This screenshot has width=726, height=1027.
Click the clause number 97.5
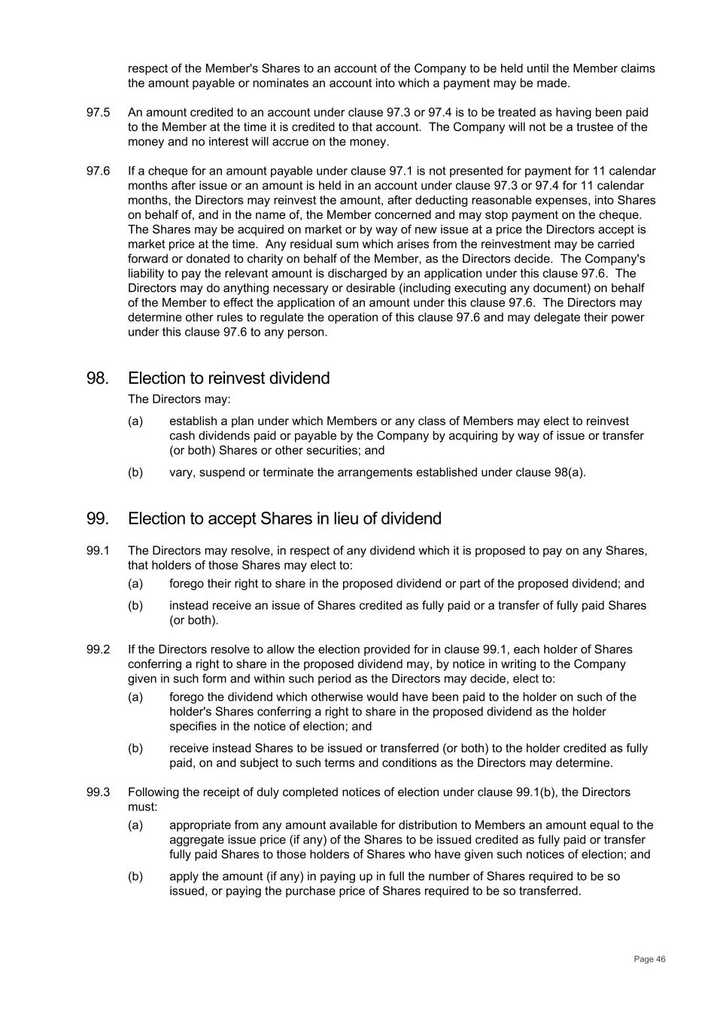coord(98,113)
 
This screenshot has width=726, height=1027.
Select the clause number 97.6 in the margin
coord(98,172)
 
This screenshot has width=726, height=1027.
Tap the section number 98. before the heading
coord(97,378)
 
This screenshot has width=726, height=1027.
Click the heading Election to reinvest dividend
coord(229,378)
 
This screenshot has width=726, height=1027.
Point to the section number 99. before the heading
coord(97,519)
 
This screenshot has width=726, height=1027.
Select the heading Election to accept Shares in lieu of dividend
coord(284,519)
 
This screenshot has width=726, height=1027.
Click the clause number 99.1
coord(98,551)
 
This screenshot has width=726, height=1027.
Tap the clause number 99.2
coord(98,650)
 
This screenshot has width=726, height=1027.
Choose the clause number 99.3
coord(98,792)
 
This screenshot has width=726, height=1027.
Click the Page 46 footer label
coord(649,959)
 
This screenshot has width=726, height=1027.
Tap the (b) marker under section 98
coord(135,472)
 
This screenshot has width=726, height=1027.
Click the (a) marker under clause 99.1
coord(135,584)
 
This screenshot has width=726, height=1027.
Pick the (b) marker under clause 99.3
coord(135,877)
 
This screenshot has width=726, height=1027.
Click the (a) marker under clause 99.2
coord(135,697)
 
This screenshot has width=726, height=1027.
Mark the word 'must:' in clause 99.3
coord(143,807)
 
